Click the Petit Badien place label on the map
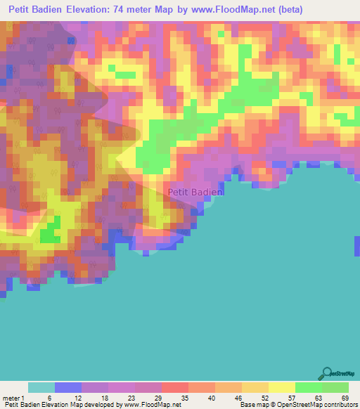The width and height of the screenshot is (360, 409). click(x=195, y=191)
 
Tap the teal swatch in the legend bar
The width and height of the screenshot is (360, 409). click(x=41, y=387)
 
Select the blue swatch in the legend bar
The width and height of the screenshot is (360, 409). click(x=68, y=387)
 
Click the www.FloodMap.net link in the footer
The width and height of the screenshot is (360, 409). click(x=152, y=405)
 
